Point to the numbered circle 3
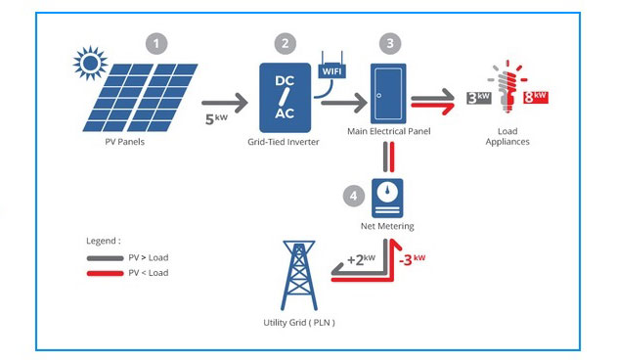pos(389,43)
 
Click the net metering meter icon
pos(391,197)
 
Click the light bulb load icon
pos(507,93)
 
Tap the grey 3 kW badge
pos(479,98)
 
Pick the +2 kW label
pos(361,260)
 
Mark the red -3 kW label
pos(413,260)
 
